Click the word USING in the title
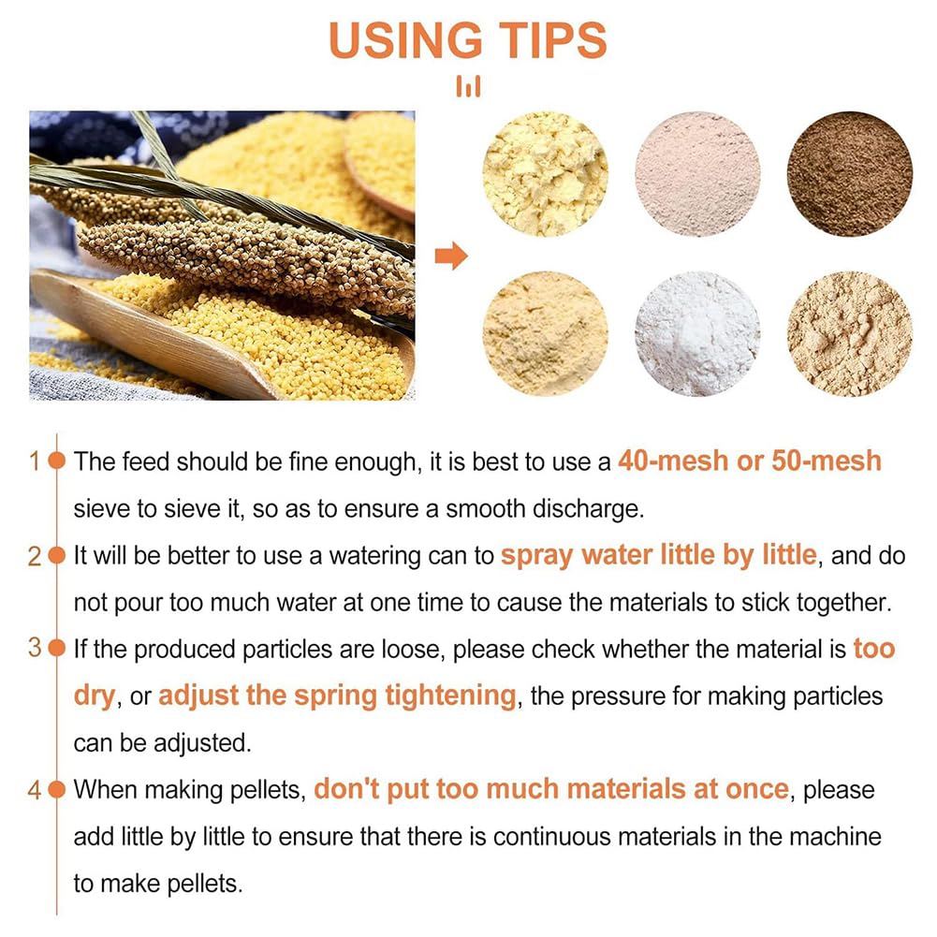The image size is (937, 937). [x=405, y=40]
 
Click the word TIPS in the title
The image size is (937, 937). [x=553, y=40]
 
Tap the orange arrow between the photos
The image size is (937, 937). [x=451, y=256]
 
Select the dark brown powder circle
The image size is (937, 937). [x=850, y=174]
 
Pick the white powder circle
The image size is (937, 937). [x=697, y=333]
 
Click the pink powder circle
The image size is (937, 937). [x=697, y=174]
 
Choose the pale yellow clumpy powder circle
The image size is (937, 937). [x=545, y=174]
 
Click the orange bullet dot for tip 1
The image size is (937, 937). [x=56, y=461]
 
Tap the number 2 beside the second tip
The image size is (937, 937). [x=34, y=557]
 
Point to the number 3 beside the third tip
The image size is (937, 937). [x=34, y=648]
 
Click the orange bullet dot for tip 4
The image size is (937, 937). [x=56, y=790]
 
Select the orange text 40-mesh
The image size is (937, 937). [x=673, y=461]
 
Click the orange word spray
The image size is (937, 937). [x=536, y=557]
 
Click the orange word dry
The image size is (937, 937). [x=94, y=696]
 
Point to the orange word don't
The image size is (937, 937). [x=346, y=789]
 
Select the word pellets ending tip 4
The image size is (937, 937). [x=204, y=884]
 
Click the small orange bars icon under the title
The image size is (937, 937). [x=468, y=87]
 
